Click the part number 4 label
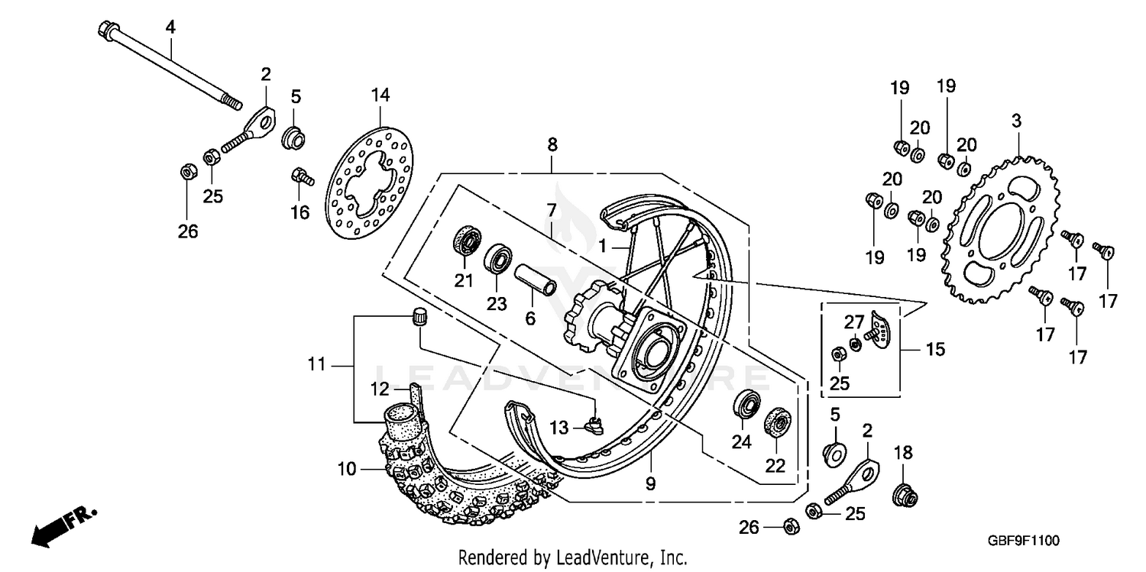click(x=170, y=27)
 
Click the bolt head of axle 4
click(x=106, y=31)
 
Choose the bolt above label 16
click(x=303, y=178)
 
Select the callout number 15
click(x=936, y=349)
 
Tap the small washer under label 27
click(x=855, y=346)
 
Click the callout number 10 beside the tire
click(x=347, y=469)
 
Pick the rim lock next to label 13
click(x=593, y=422)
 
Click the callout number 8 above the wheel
click(x=552, y=144)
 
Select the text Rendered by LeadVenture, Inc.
click(x=572, y=557)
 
